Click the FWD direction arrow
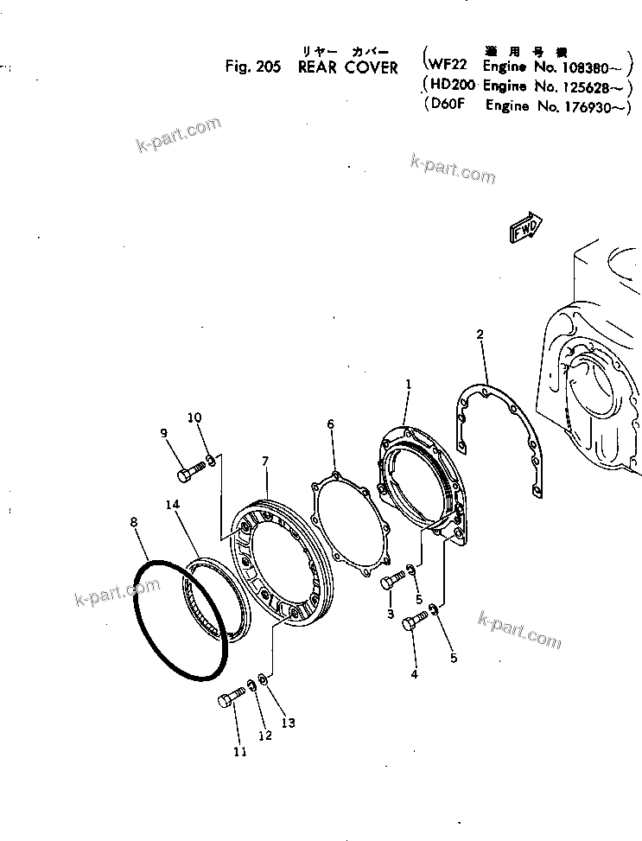(x=526, y=229)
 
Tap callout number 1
(x=409, y=383)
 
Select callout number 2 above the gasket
(x=480, y=334)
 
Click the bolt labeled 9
(x=191, y=473)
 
